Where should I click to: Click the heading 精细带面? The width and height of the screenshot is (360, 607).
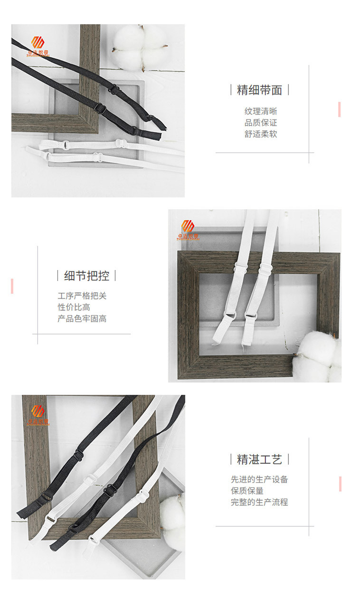pyautogui.click(x=259, y=90)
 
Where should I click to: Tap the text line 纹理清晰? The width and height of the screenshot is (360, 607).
pyautogui.click(x=260, y=112)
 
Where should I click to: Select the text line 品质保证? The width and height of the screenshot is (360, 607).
pyautogui.click(x=260, y=123)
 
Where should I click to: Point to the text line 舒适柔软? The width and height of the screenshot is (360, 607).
pyautogui.click(x=260, y=134)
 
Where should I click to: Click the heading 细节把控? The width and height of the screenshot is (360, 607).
pyautogui.click(x=86, y=276)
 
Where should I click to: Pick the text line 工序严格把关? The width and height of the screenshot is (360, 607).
pyautogui.click(x=82, y=296)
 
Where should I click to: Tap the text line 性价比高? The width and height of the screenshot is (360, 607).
pyautogui.click(x=74, y=308)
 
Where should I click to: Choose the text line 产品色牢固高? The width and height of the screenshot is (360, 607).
pyautogui.click(x=82, y=319)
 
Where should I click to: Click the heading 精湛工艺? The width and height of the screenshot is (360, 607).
pyautogui.click(x=259, y=459)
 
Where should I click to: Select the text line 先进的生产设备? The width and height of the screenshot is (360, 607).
pyautogui.click(x=259, y=480)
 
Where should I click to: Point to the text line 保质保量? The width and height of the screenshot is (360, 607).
pyautogui.click(x=247, y=491)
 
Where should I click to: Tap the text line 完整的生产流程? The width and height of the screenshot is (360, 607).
pyautogui.click(x=259, y=503)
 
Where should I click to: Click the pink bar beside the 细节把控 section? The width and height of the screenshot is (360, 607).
pyautogui.click(x=12, y=286)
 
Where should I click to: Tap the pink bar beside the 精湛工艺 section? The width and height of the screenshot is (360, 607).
pyautogui.click(x=340, y=484)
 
